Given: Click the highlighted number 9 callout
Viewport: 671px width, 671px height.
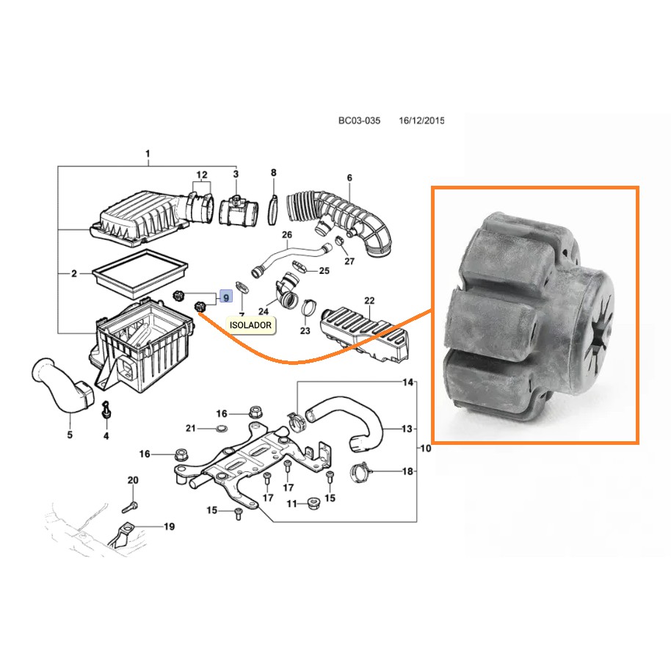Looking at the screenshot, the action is [226, 297].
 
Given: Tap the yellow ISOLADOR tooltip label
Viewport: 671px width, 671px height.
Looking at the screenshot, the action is [250, 325].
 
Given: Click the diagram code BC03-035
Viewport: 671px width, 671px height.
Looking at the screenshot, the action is [359, 120].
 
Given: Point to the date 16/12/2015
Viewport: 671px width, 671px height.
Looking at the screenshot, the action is [421, 120].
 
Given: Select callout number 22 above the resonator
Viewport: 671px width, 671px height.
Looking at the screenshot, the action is [369, 301].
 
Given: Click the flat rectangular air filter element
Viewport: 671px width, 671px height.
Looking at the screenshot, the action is [140, 274].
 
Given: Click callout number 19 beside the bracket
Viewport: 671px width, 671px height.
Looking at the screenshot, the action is [170, 526].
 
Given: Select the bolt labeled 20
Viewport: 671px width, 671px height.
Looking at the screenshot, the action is [130, 507].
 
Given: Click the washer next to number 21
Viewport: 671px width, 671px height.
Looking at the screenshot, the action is [222, 428].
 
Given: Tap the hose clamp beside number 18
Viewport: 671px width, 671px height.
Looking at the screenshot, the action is [360, 472].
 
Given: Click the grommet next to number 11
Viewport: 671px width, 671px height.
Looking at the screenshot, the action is [314, 504].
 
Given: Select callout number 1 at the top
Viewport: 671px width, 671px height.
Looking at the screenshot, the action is [148, 153].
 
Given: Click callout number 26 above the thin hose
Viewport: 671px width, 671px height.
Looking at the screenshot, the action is [287, 234].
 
